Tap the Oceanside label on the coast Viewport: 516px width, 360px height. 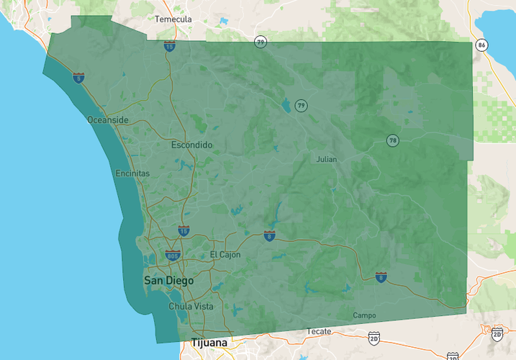tap(108, 120)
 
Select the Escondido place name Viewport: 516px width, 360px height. tap(192, 145)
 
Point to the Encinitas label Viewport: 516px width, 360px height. tap(133, 174)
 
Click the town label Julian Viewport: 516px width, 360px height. tap(327, 159)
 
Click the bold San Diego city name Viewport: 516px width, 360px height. tap(168, 280)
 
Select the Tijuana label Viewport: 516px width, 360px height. tap(209, 343)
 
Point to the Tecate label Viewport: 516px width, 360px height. tap(319, 331)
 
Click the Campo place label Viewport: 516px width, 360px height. tap(364, 315)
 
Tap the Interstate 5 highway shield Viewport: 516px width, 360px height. tap(78, 76)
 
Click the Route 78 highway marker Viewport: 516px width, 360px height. tap(392, 140)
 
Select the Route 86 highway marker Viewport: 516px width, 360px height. tap(481, 45)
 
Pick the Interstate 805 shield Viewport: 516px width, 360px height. tap(172, 256)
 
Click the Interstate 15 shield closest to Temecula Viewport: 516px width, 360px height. tap(169, 47)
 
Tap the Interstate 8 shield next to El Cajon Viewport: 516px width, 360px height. tap(269, 235)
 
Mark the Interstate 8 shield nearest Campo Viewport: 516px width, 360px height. tap(381, 276)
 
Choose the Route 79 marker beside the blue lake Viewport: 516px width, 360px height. tap(301, 106)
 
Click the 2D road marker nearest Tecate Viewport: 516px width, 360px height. tap(374, 337)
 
